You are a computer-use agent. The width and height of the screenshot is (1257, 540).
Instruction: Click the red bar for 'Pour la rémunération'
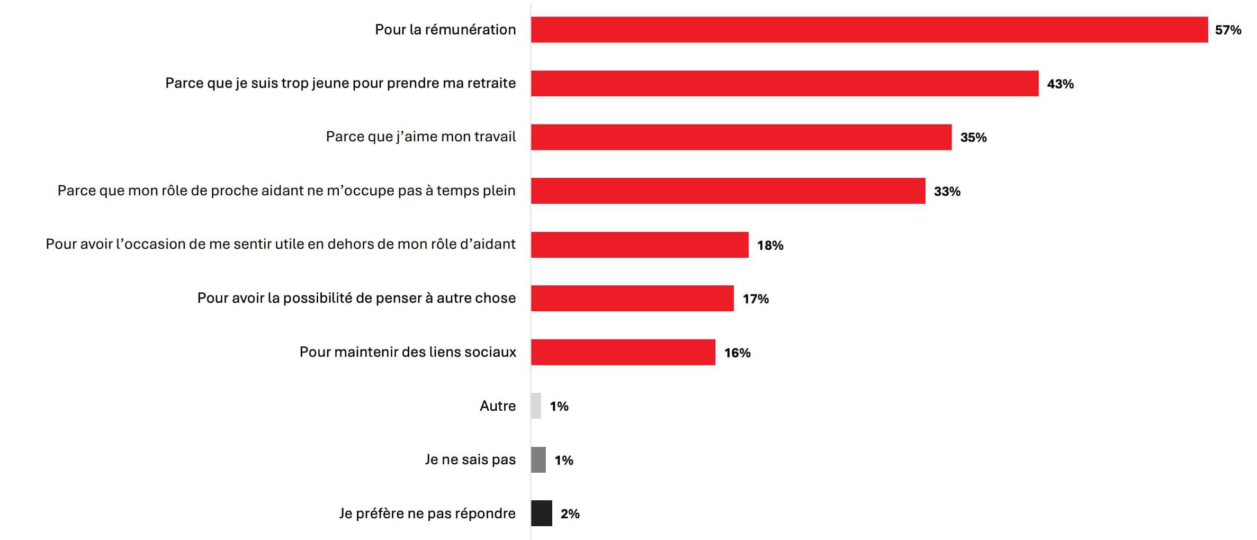869,30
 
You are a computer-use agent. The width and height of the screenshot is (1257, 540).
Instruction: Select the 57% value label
1228,30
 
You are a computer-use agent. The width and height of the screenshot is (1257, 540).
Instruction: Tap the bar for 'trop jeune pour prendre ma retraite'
784,84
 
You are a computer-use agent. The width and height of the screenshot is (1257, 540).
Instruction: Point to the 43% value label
1060,84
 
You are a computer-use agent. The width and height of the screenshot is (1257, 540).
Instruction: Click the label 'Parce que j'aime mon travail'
420,137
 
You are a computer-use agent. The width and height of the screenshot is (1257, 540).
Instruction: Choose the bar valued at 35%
741,137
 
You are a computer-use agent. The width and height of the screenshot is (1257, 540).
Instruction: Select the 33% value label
947,192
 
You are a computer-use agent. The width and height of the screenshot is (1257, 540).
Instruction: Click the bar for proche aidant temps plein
728,191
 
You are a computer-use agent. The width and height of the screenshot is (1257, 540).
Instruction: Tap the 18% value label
770,246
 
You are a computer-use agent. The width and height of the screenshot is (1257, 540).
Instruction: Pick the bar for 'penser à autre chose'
632,299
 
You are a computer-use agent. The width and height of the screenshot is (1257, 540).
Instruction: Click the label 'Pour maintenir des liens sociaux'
407,352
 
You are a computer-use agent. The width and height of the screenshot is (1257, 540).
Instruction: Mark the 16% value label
737,353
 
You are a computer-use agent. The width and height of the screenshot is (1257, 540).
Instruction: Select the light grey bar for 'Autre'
536,406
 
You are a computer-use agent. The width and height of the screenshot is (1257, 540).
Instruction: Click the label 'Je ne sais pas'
470,460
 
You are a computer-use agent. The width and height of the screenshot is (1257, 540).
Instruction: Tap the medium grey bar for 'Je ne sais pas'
538,460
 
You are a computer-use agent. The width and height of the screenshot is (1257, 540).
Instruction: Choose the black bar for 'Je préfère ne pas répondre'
541,514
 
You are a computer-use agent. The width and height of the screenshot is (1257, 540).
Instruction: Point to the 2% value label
570,514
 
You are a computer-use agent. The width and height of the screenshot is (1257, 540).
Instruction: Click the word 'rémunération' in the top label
470,30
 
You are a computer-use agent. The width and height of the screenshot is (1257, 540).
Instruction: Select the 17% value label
756,299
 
